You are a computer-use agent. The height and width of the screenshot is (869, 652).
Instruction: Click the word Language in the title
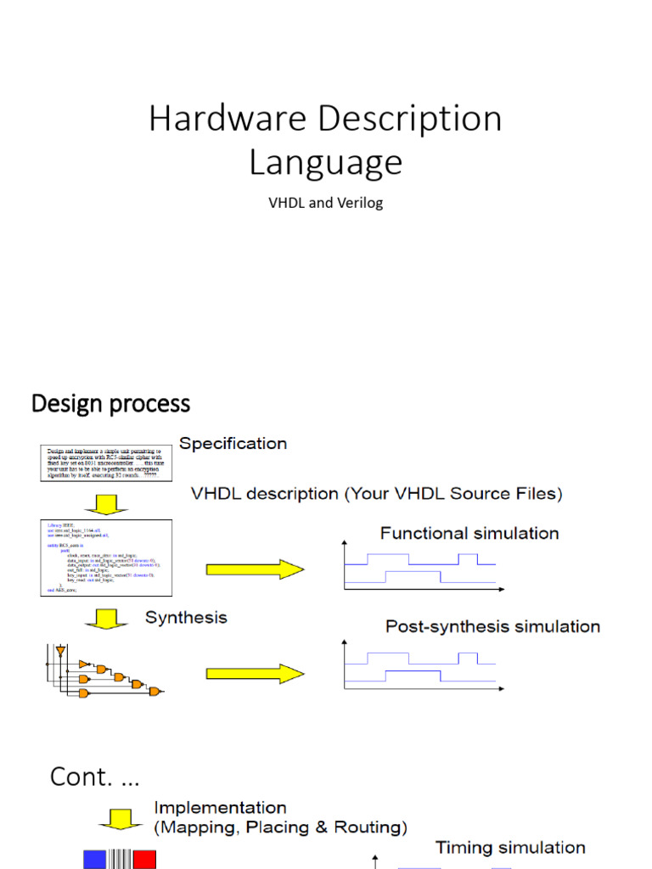point(325,162)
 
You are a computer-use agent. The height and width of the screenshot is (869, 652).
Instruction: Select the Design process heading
point(110,403)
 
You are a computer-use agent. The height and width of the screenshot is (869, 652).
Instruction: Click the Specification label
point(233,443)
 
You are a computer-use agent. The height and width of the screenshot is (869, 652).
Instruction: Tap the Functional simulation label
point(469,533)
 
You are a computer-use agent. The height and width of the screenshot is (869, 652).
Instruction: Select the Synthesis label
point(186,617)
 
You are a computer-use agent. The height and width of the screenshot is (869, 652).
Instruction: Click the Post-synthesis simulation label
point(492,626)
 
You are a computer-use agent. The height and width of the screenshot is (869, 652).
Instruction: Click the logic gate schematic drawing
point(101,671)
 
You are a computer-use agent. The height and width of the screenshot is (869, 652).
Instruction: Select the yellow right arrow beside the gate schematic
point(254,674)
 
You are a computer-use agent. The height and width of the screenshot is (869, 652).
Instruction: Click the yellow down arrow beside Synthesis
point(106,620)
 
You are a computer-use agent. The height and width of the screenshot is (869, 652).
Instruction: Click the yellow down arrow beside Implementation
point(113,819)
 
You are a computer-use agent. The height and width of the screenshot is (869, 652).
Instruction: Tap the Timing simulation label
point(510,847)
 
